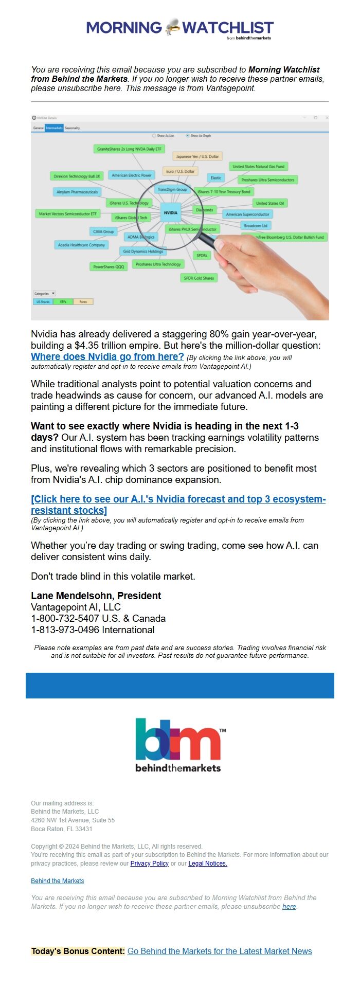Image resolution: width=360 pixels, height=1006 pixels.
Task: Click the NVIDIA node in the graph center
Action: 170,212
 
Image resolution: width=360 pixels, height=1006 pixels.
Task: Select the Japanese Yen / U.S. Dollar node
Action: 197,156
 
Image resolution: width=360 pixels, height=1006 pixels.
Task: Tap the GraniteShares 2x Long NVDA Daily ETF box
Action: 129,149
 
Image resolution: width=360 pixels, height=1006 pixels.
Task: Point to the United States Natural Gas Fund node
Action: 258,167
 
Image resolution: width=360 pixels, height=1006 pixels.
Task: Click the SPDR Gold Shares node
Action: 199,278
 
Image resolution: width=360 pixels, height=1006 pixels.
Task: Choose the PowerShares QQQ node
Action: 109,267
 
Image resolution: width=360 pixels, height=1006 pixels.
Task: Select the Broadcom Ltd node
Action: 256,225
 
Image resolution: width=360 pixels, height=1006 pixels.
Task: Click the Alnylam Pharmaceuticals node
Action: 77,192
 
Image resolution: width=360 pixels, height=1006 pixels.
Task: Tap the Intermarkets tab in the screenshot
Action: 53,128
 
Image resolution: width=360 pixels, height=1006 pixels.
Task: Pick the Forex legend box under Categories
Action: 83,302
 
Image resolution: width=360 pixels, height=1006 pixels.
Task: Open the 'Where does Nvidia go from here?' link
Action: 107,357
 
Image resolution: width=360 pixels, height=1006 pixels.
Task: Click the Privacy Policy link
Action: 149,864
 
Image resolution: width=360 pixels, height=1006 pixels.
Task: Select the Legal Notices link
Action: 208,864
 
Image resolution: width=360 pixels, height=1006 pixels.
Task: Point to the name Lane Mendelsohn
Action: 71,596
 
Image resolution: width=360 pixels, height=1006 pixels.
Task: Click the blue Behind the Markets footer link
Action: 57,881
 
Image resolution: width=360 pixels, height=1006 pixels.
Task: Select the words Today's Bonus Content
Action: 78,951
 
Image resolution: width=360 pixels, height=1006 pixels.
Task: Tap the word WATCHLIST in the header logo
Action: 228,28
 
